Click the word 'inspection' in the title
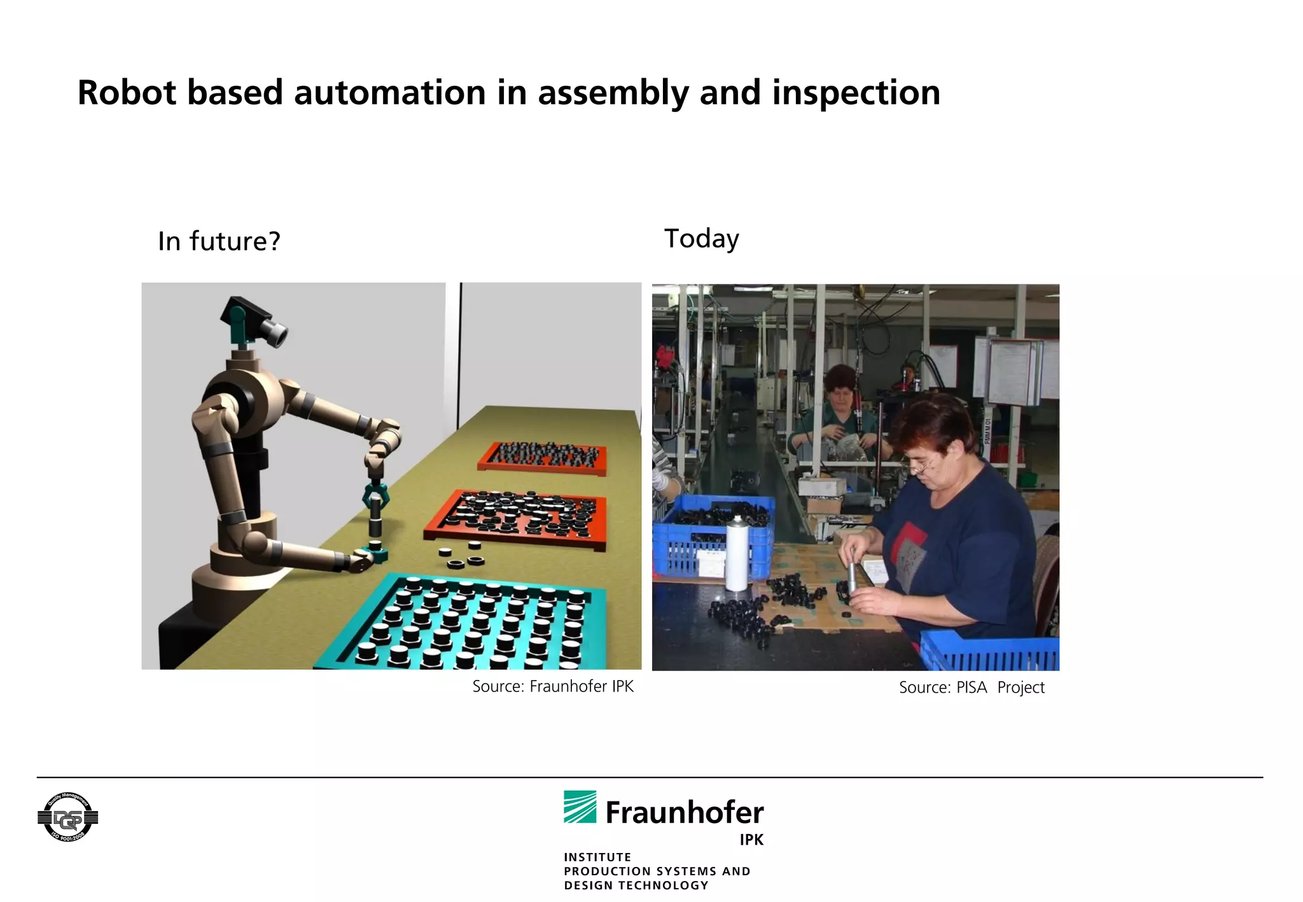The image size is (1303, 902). pos(856,93)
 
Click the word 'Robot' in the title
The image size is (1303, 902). pos(126,93)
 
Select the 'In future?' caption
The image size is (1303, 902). pos(219,242)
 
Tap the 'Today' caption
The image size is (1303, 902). pos(701,239)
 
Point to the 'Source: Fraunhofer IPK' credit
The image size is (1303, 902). pos(552,686)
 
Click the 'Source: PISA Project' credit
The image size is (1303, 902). pos(971,688)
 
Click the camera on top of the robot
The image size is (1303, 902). pos(254,320)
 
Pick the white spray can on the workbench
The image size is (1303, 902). pos(737,553)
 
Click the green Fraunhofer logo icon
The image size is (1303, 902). pos(580,807)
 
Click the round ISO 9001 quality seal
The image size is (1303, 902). pos(67,817)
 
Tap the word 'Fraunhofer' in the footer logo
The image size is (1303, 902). pos(684,812)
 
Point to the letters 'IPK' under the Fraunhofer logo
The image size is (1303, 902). pos(751,840)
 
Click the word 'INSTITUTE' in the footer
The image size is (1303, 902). pos(597,857)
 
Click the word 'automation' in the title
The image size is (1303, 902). pos(389,93)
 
